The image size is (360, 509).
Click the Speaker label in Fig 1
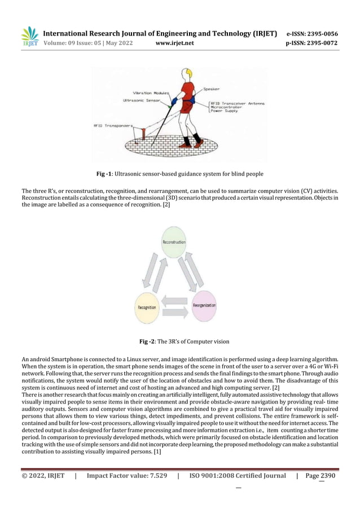click(x=213, y=89)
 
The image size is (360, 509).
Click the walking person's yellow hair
click(x=186, y=73)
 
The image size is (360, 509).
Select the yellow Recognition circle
click(x=147, y=308)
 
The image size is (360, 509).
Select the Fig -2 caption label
click(x=150, y=341)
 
